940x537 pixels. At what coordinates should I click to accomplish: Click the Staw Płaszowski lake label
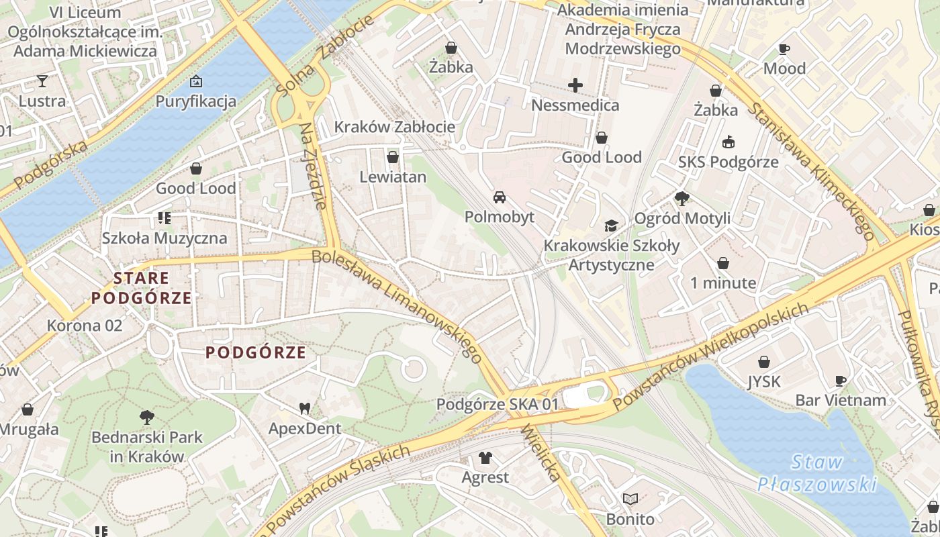(817, 473)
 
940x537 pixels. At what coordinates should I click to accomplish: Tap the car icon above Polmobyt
(500, 197)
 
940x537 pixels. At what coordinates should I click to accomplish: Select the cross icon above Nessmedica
(575, 85)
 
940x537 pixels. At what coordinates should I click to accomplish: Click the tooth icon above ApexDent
(305, 408)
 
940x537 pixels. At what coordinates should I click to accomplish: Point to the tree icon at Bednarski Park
(146, 418)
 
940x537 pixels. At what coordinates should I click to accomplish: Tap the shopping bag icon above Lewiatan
(393, 157)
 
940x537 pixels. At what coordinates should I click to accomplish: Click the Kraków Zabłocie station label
(395, 127)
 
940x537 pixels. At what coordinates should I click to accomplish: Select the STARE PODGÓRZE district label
(142, 288)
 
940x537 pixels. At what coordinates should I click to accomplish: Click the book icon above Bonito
(630, 499)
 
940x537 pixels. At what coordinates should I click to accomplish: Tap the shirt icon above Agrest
(485, 458)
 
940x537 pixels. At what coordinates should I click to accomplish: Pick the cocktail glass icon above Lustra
(42, 81)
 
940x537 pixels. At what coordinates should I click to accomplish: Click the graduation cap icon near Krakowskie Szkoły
(611, 226)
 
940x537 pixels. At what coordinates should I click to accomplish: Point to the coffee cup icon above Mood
(784, 49)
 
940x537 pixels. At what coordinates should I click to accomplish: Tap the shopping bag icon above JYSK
(764, 362)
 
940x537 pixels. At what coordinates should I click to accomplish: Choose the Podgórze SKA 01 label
(498, 405)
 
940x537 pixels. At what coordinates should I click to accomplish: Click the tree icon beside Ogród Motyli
(682, 198)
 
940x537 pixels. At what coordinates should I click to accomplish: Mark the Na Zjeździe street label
(314, 166)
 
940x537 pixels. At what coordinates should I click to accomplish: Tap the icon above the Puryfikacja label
(196, 81)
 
